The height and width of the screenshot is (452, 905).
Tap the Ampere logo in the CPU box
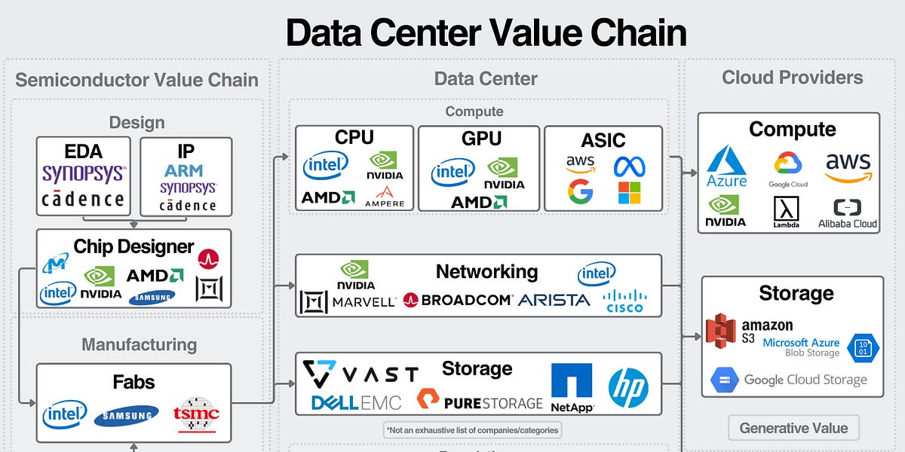point(384,197)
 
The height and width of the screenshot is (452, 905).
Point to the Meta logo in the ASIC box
point(629,166)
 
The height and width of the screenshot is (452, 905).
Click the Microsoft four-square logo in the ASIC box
point(629,193)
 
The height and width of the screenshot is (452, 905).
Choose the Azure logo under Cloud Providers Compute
point(727,167)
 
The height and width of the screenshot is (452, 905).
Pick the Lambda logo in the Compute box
point(786,212)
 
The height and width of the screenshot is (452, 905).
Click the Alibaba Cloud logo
point(848,212)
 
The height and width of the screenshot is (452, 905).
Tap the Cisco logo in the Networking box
point(624,301)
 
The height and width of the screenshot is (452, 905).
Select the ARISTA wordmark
point(554,300)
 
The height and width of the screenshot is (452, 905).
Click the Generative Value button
point(793,428)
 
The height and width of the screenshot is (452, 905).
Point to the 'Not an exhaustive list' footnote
point(473,430)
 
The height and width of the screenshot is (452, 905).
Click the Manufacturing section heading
point(139,345)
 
